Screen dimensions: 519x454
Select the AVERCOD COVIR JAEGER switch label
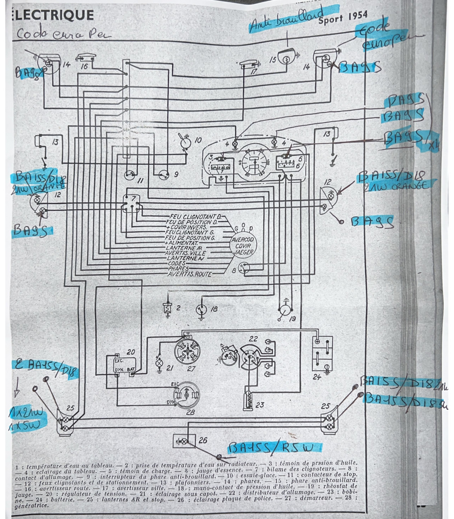pyautogui.click(x=243, y=246)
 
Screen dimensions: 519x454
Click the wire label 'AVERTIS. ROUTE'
pyautogui.click(x=190, y=274)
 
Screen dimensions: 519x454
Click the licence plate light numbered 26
pyautogui.click(x=184, y=441)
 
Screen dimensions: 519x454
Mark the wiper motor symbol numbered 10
pyautogui.click(x=185, y=142)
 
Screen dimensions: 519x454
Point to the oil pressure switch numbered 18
pyautogui.click(x=201, y=309)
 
